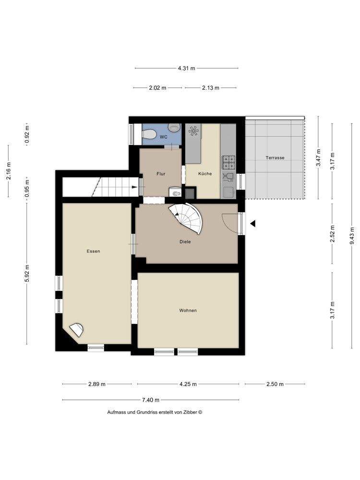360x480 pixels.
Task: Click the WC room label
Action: pos(164,137)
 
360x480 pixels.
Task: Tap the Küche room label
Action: pos(205,174)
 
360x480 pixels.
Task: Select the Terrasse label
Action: pos(275,157)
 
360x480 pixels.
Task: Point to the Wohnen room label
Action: pos(188,311)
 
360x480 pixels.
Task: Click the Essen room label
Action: pos(94,252)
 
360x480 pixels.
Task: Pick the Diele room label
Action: pos(185,242)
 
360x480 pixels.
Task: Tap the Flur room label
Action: pos(161,174)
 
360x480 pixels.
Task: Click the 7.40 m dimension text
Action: pos(151,400)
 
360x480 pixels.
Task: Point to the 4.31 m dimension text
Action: pos(186,68)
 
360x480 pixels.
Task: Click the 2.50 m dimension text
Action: pos(275,384)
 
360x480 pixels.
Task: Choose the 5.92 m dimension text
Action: pos(27,274)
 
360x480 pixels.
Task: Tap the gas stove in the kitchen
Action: pos(228,163)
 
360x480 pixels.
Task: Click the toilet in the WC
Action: pos(149,134)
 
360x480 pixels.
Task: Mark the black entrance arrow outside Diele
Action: pos(253,224)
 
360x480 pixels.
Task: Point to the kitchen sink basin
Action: pos(228,192)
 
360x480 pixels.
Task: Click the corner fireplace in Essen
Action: pos(76,330)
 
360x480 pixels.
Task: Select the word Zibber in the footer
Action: pos(191,412)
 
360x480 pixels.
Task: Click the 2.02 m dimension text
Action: pos(157,88)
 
